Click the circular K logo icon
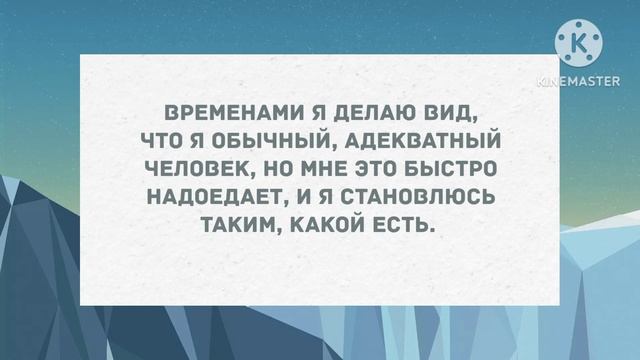pos(582,42)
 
